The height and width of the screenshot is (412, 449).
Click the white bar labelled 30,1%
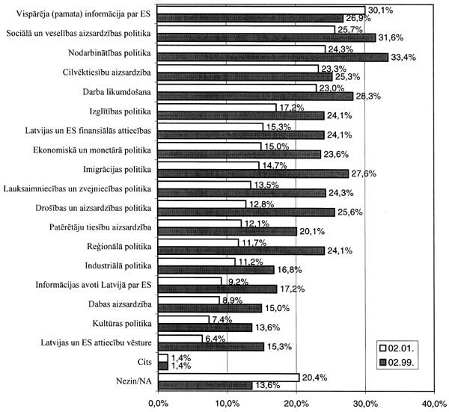pos(261,10)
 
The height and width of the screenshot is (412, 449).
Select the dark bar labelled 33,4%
pos(273,57)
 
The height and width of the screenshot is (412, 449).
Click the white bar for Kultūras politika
pos(183,320)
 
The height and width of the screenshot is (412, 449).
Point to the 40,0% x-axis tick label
pos(435,404)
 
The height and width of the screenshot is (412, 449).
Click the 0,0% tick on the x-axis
pos(158,404)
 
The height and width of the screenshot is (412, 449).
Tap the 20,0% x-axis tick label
pos(296,404)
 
